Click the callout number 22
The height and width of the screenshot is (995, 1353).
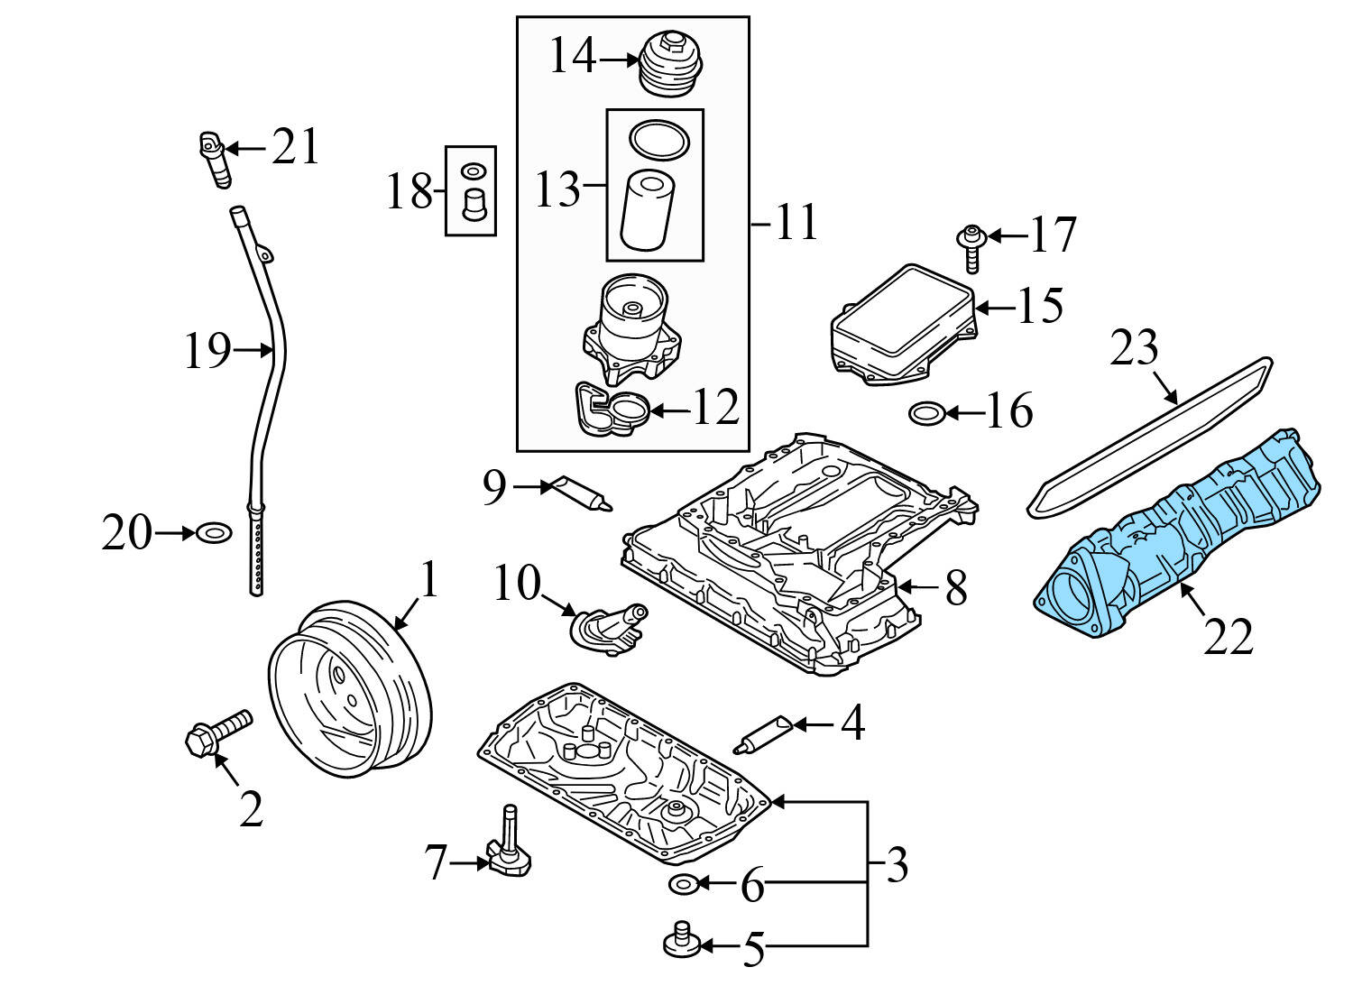(1228, 637)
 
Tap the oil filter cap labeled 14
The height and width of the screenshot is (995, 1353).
(669, 62)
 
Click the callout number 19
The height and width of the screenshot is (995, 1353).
(207, 351)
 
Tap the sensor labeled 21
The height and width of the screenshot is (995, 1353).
(213, 157)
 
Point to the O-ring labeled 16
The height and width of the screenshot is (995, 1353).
(926, 414)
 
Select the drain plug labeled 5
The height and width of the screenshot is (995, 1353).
(683, 944)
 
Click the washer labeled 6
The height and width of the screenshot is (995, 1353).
(683, 883)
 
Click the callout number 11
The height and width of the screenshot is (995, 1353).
(796, 222)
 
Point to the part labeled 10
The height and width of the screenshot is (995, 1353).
(609, 628)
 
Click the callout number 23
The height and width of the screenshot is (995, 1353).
(1133, 347)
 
